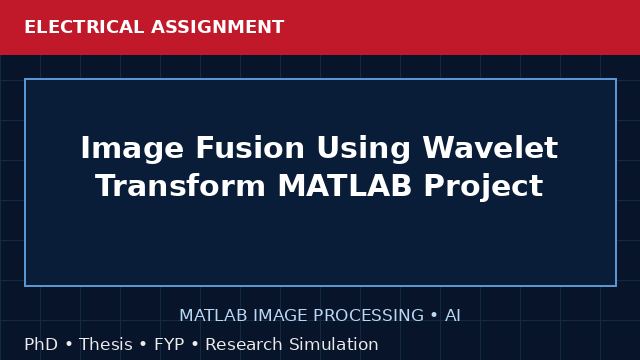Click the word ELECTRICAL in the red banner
click(x=84, y=27)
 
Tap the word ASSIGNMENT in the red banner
click(x=217, y=27)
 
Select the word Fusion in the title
click(x=250, y=147)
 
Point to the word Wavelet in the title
click(x=490, y=147)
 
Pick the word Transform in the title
click(x=181, y=185)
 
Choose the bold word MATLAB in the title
click(x=344, y=185)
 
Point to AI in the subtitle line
click(x=453, y=315)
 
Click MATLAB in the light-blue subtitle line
click(x=213, y=315)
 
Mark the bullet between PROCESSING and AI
click(x=434, y=315)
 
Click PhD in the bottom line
click(x=41, y=344)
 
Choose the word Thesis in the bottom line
click(x=106, y=344)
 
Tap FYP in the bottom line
click(x=169, y=344)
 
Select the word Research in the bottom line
click(x=244, y=344)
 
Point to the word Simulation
click(x=334, y=344)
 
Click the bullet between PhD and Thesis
click(x=69, y=344)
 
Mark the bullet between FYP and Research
click(x=195, y=344)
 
